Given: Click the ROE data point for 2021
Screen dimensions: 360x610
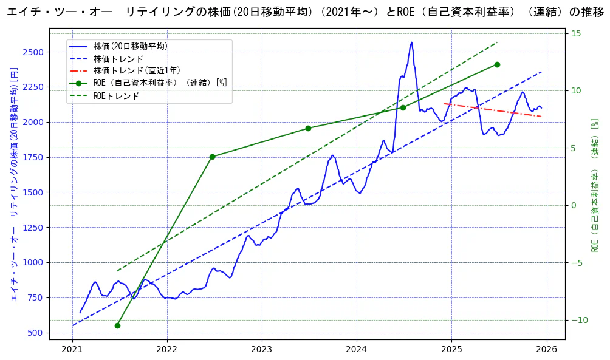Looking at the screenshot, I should point(117,325).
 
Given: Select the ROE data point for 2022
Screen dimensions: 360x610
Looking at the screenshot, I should point(212,157).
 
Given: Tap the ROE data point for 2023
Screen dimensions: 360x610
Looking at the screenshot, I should point(308,128).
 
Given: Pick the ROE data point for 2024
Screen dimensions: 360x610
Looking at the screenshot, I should point(403,107).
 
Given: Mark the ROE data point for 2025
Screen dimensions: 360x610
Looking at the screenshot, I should point(497,64).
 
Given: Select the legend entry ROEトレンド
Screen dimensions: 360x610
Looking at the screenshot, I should point(116,96).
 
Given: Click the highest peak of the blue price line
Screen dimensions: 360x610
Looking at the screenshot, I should point(411,42).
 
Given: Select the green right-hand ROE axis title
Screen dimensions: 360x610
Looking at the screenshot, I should point(595,185).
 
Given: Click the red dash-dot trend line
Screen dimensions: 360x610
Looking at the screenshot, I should point(492,110).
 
